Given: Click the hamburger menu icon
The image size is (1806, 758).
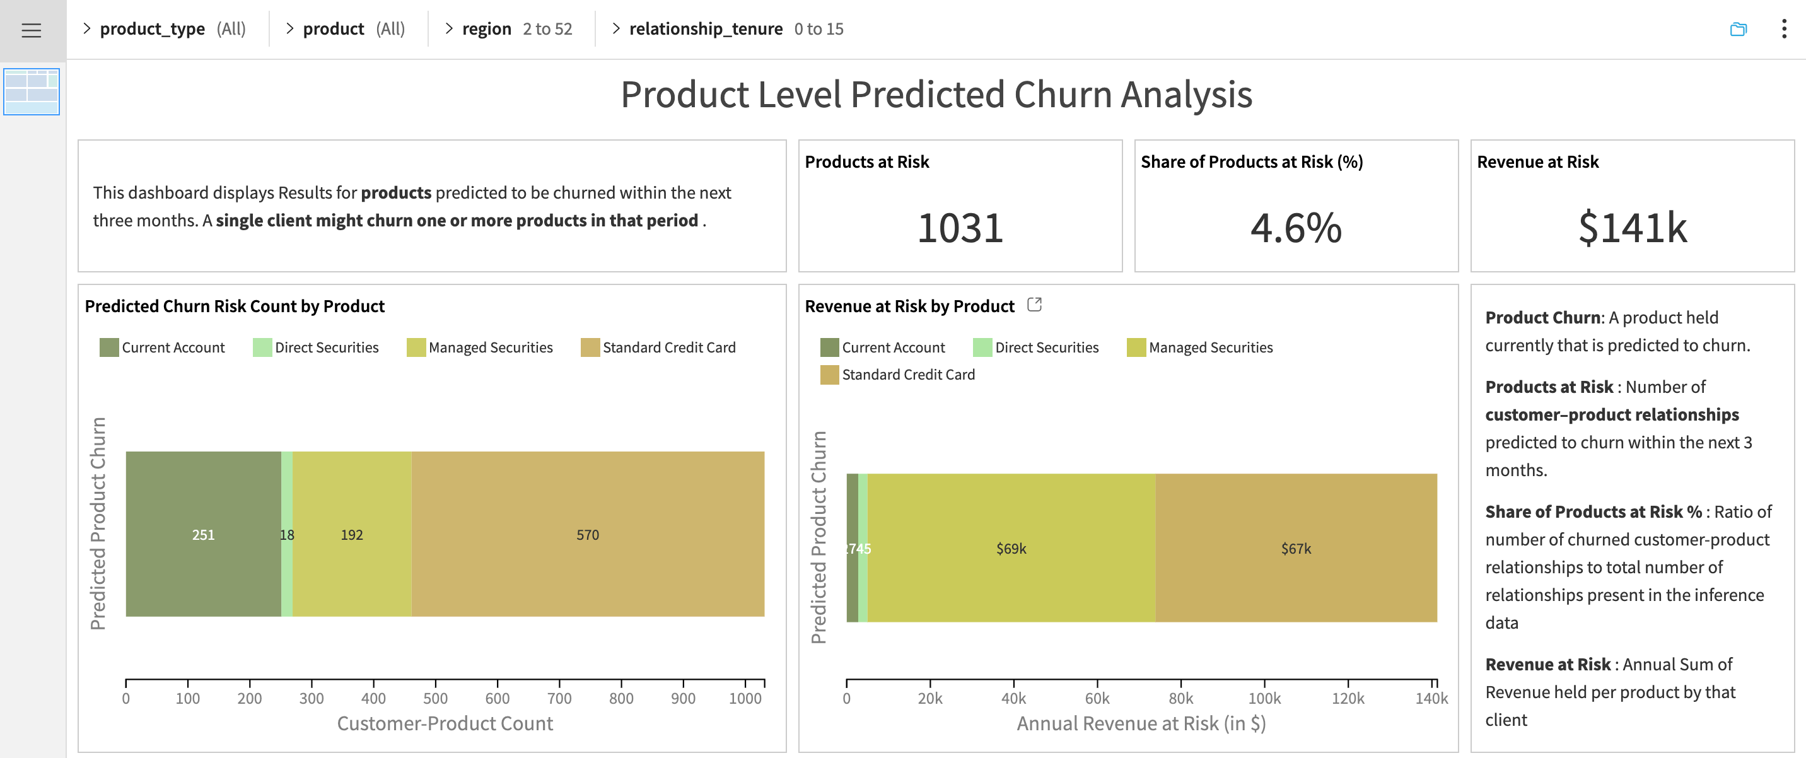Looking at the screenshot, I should tap(31, 30).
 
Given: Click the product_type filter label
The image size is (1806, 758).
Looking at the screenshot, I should tap(152, 29).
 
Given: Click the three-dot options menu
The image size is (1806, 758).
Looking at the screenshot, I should tap(1783, 29).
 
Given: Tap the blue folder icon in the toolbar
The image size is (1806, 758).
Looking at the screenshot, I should tap(1738, 29).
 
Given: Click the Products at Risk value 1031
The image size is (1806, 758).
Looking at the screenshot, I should tap(960, 228).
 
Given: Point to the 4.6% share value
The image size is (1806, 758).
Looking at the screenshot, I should tap(1296, 228).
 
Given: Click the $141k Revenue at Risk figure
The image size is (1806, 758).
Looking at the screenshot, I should tap(1631, 228).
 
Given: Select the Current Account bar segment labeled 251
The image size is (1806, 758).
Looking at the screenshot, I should tap(203, 534).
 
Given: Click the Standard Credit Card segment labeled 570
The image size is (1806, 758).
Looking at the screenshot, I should tap(588, 534).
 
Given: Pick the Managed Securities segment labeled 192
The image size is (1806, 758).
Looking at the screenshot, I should tap(352, 534).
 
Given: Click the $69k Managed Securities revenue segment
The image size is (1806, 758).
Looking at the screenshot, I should tap(1011, 549).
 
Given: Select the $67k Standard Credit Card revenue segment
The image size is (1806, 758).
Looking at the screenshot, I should tap(1296, 549).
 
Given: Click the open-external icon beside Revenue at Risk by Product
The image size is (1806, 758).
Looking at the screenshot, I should tap(1034, 305).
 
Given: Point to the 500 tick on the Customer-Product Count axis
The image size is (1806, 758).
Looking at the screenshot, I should tap(435, 697).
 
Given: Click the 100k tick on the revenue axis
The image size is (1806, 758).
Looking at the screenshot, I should tap(1264, 697).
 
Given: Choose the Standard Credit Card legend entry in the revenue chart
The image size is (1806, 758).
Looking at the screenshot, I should tap(907, 375).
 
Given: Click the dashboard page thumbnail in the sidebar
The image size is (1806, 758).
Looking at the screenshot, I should tap(32, 92).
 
